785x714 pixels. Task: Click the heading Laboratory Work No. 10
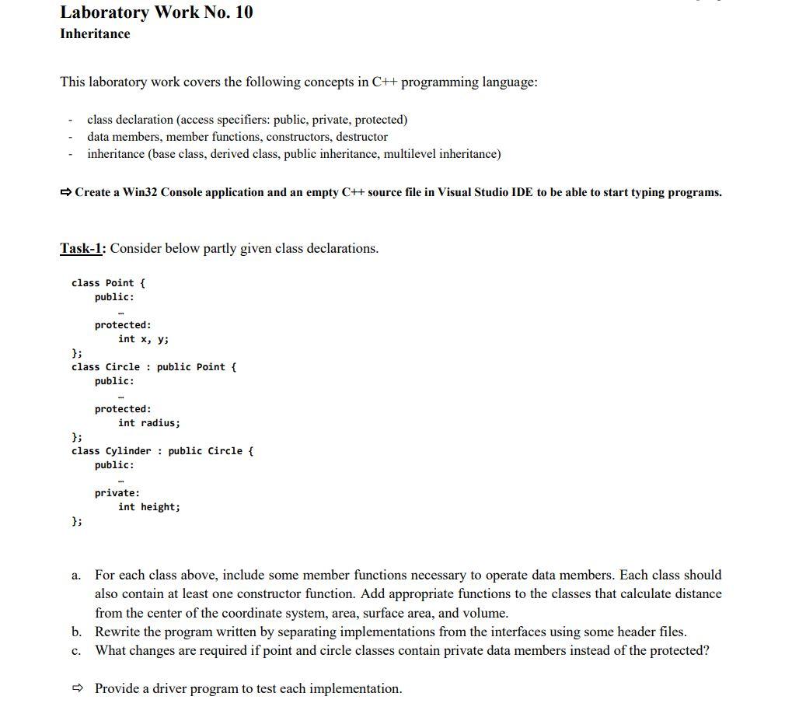click(x=156, y=12)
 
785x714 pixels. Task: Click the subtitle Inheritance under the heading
click(x=95, y=34)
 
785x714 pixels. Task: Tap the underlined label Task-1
click(x=82, y=249)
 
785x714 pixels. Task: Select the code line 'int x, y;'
click(x=143, y=339)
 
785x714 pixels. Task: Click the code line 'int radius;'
click(x=148, y=423)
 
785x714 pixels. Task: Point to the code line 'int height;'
click(x=148, y=507)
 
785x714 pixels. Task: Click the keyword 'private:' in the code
click(x=117, y=493)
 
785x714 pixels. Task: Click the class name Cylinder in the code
click(x=128, y=451)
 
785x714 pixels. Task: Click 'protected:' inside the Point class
click(x=123, y=325)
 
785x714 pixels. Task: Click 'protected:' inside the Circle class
click(x=123, y=409)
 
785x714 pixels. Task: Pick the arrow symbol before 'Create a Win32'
click(x=66, y=192)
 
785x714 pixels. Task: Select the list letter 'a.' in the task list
click(x=75, y=576)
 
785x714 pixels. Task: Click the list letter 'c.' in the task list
click(x=75, y=651)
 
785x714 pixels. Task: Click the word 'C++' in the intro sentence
click(x=385, y=82)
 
